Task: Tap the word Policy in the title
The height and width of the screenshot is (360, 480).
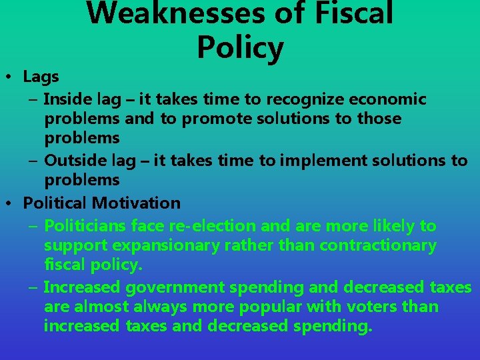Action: [x=240, y=47]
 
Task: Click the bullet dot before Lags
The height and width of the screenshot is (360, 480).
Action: [x=13, y=77]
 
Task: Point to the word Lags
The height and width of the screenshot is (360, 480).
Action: [x=41, y=77]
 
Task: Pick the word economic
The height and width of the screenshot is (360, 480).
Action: [x=387, y=99]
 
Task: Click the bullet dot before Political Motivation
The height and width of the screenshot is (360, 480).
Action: [x=13, y=203]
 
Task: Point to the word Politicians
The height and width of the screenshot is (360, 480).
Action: [x=85, y=226]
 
